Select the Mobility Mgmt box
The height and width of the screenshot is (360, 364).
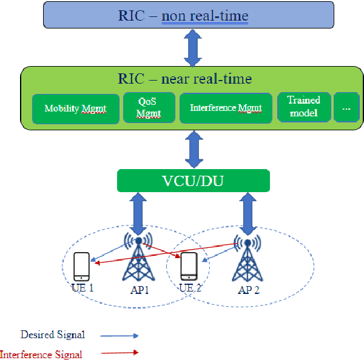click(x=75, y=109)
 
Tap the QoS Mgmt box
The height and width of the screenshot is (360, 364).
click(x=149, y=107)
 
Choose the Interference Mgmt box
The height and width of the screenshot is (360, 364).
click(x=225, y=108)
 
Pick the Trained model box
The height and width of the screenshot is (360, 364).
click(x=303, y=107)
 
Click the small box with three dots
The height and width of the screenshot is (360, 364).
click(x=346, y=107)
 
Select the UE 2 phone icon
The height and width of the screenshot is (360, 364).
click(x=188, y=267)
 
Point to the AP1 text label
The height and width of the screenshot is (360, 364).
click(x=140, y=289)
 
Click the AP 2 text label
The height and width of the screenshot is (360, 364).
click(x=249, y=290)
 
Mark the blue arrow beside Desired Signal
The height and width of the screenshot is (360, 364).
click(x=120, y=335)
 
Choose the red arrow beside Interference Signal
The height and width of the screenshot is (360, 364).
click(x=120, y=352)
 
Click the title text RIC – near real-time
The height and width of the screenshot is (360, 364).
click(x=185, y=79)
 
